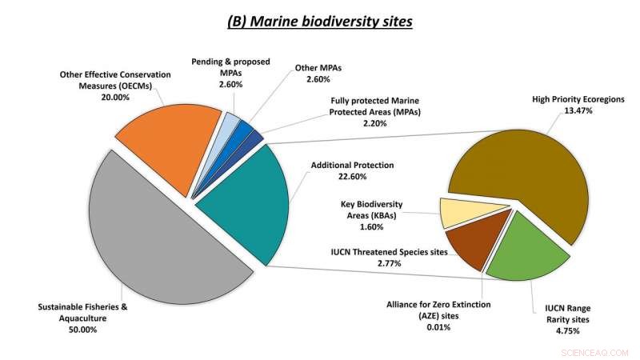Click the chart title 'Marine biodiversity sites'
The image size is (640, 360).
click(x=320, y=22)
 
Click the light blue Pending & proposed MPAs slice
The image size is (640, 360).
click(x=230, y=124)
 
